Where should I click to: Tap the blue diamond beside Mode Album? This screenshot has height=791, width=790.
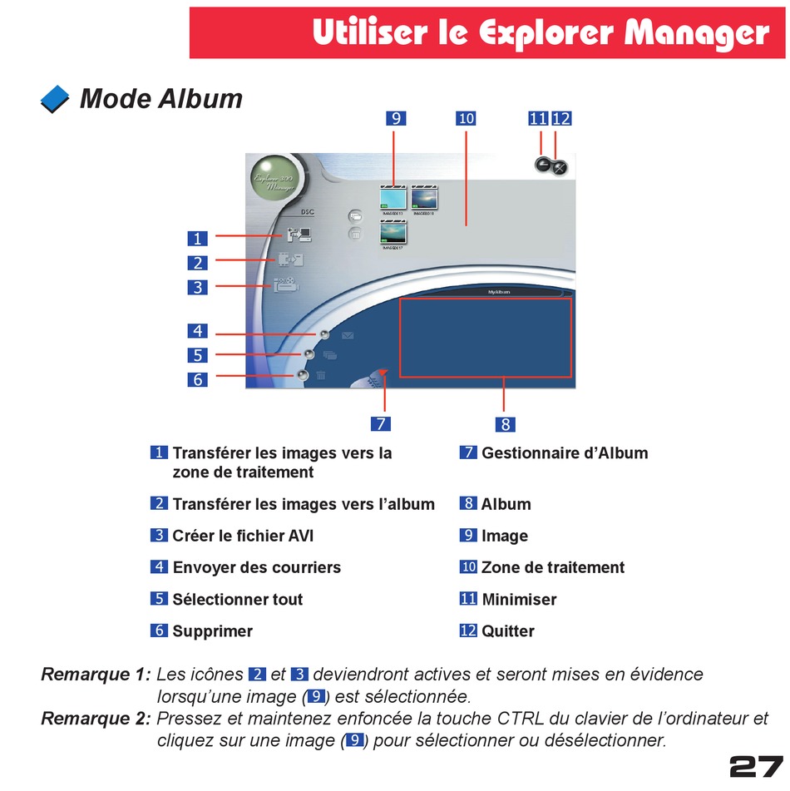[x=55, y=100]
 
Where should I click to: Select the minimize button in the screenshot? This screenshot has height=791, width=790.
[x=542, y=166]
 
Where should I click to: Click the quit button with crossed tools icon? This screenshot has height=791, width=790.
[x=560, y=167]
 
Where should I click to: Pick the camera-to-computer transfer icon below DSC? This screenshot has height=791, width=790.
[x=299, y=235]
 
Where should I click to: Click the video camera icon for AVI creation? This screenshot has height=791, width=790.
[x=287, y=286]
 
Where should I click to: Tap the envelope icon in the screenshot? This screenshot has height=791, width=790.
[x=348, y=335]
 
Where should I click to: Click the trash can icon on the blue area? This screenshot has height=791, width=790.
[x=321, y=377]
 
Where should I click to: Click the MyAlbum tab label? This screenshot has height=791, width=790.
[x=498, y=292]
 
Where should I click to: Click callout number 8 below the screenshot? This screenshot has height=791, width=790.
[x=506, y=424]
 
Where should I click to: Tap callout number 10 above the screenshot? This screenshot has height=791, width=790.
[x=466, y=119]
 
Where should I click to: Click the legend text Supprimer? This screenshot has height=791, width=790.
[x=212, y=631]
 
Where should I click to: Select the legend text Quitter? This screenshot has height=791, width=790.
[x=507, y=631]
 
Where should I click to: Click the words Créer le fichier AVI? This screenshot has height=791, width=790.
[x=243, y=536]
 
